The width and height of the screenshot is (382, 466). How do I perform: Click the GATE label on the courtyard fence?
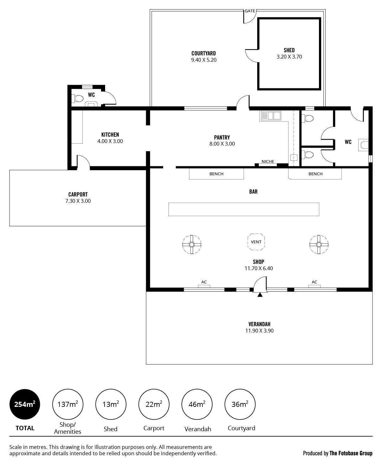[250, 11]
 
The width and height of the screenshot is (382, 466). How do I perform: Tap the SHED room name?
[289, 50]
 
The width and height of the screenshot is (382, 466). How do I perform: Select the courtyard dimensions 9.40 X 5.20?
[204, 60]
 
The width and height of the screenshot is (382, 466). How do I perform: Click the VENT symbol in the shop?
[256, 242]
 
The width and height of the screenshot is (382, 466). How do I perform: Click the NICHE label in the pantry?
[268, 162]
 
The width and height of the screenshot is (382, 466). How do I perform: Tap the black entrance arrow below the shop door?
[260, 295]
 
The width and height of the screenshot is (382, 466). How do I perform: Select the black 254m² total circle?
[25, 404]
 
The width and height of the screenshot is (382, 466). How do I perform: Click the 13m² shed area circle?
[111, 404]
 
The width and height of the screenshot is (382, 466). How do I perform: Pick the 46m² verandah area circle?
[197, 404]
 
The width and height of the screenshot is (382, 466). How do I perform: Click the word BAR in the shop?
[253, 192]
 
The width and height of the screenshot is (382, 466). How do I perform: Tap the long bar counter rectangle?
[244, 209]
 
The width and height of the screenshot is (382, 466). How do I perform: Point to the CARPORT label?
[78, 195]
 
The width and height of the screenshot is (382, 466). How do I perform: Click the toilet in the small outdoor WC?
[77, 98]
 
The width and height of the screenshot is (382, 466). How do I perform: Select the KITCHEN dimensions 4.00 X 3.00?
[110, 141]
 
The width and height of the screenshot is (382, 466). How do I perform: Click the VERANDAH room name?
[259, 324]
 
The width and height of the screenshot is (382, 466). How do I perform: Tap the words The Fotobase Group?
[351, 453]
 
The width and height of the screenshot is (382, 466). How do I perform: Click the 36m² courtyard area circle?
[240, 404]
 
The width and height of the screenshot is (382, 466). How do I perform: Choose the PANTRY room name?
[222, 137]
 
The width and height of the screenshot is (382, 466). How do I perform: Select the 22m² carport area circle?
[154, 404]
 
